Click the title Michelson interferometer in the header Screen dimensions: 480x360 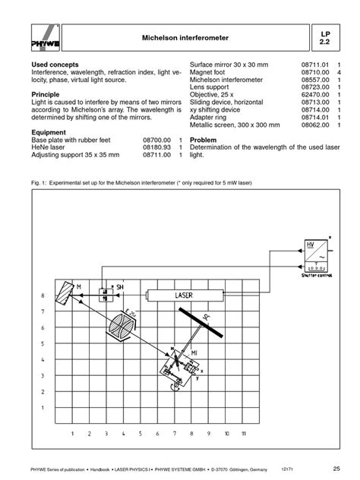[185, 37]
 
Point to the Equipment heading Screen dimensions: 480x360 [52, 131]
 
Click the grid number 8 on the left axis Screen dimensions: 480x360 [43, 295]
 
